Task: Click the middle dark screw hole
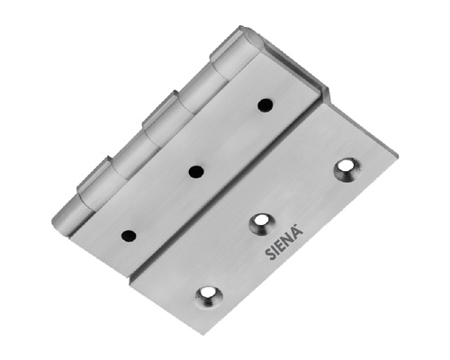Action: (x=196, y=172)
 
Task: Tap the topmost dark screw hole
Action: (x=265, y=105)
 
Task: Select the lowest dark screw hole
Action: (x=129, y=236)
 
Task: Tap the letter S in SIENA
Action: (x=269, y=255)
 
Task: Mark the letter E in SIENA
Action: (x=280, y=246)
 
